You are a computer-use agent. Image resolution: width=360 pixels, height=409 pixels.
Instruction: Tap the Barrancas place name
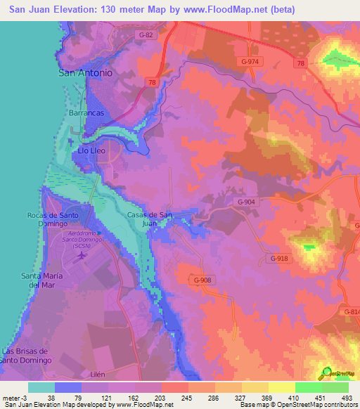point(86,112)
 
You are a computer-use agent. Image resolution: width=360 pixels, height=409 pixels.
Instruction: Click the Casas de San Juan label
point(150,219)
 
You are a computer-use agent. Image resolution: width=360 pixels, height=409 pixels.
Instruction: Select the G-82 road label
point(146,34)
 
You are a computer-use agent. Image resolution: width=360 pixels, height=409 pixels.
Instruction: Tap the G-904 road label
point(245,202)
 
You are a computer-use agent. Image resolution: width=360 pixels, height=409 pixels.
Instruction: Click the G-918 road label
point(279,259)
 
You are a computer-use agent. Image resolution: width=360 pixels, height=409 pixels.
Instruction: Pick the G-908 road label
point(202,280)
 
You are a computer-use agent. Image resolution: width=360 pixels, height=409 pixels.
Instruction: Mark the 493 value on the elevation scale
point(347,397)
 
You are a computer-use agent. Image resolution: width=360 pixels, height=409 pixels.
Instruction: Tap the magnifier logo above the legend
point(326,372)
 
